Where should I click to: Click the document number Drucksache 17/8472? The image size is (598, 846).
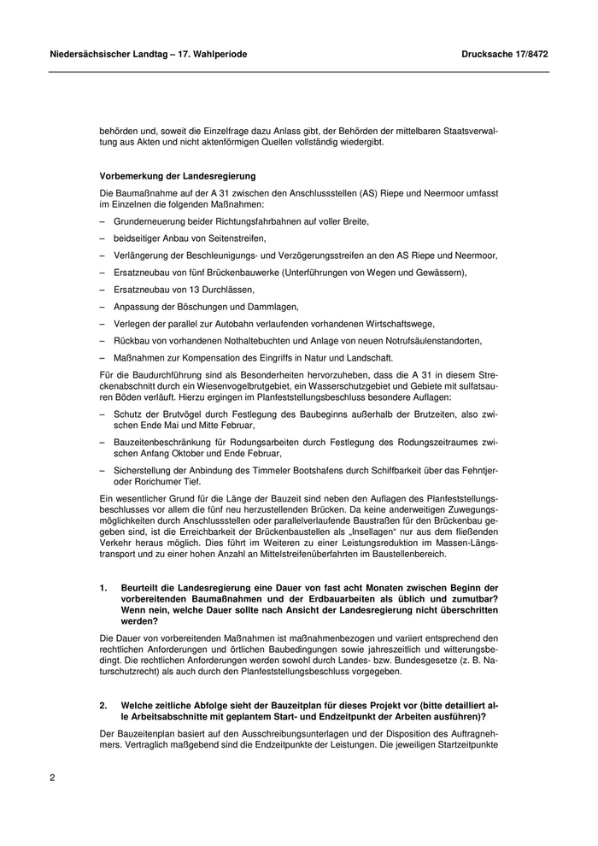point(505,54)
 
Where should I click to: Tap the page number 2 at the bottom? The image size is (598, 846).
point(52,778)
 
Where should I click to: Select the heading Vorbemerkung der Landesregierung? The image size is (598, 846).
point(160,174)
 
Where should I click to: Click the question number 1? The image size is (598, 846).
point(103,588)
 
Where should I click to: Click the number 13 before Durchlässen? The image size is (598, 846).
point(178,290)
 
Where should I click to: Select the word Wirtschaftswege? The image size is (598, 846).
point(401,323)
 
